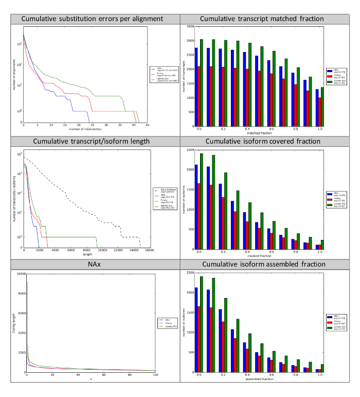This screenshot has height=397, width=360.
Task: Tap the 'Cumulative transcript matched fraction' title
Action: coord(262,19)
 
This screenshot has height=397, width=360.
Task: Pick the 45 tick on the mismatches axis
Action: coord(147,125)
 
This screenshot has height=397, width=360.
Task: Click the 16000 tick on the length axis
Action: coord(149,251)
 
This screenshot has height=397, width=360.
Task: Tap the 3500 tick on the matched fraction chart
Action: coord(190,26)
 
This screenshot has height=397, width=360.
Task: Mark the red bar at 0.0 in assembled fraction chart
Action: coord(199,339)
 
